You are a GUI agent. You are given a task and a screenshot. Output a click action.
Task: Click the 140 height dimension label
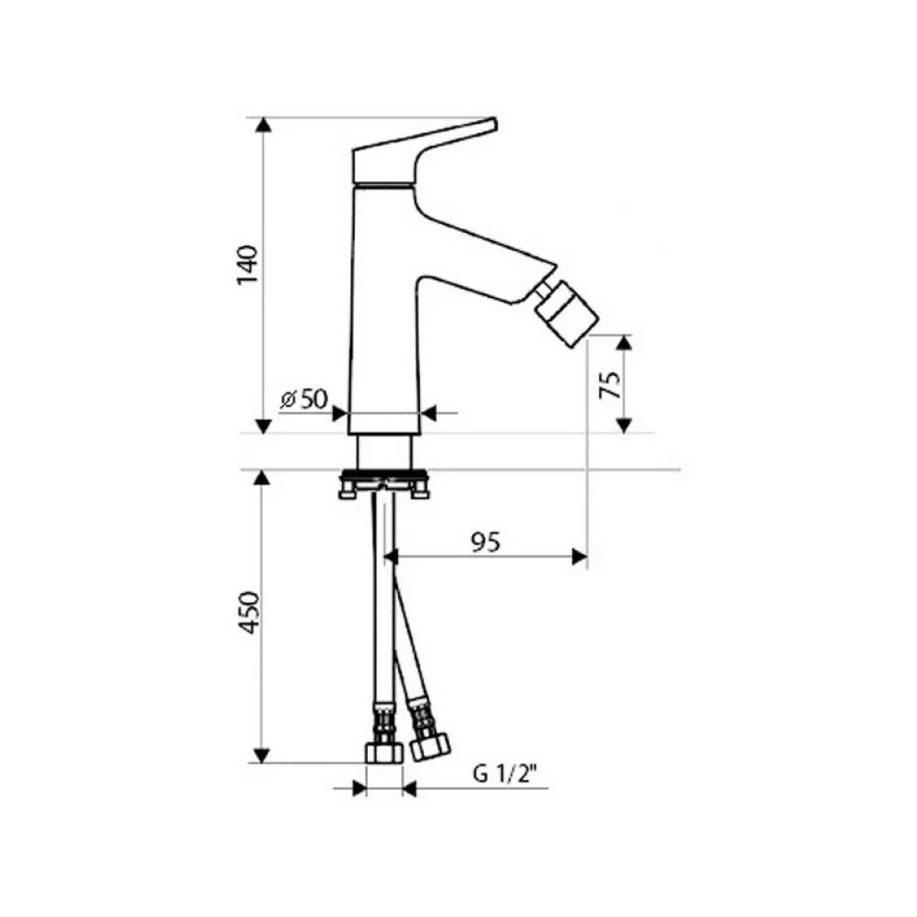coord(248,265)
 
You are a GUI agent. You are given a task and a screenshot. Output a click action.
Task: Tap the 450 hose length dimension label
coord(249,613)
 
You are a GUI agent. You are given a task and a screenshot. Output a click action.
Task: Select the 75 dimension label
coord(611,385)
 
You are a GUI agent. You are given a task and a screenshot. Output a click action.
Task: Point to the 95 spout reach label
coord(486,543)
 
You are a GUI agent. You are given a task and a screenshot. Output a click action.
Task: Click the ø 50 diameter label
coord(304,400)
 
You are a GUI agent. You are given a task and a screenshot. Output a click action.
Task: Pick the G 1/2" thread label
coord(504,775)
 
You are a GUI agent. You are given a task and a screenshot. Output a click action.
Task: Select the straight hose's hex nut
coord(384,753)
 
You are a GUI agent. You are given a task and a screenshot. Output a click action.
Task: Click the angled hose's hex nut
coord(430,746)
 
